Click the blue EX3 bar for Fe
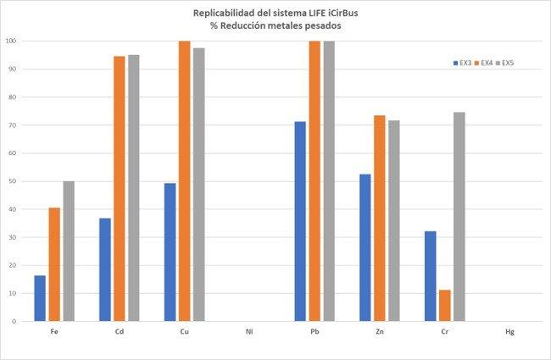pos(40,298)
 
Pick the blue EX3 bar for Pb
pos(301,221)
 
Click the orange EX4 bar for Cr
pos(444,305)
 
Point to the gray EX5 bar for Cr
pos(459,217)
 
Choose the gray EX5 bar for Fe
pos(68,251)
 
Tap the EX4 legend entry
pos(487,63)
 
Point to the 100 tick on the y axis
pos(11,41)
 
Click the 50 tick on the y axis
pos(13,181)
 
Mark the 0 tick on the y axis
pos(14,321)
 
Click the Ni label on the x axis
pos(249,332)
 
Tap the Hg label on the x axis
pos(509,332)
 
